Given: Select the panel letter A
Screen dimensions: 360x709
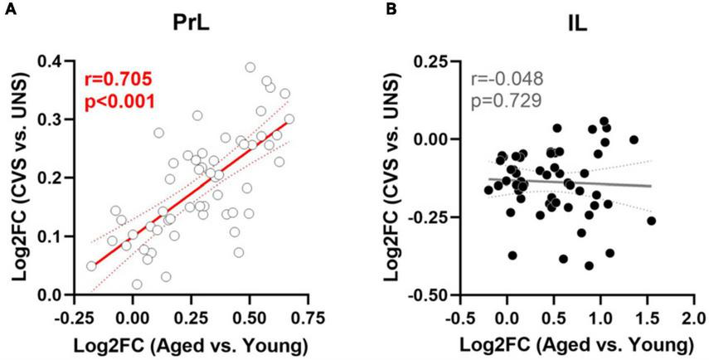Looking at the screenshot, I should (7, 9).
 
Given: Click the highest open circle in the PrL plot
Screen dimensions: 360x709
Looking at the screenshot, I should (250, 67).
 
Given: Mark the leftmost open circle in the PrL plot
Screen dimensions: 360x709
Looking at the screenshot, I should (91, 266).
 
